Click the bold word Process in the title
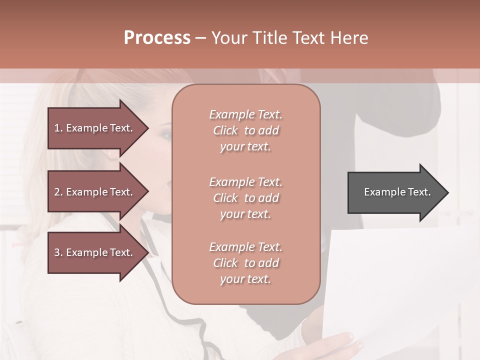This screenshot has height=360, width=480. coord(157,38)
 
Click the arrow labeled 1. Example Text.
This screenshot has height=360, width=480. coord(95,128)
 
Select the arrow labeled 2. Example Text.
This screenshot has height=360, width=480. coord(95,192)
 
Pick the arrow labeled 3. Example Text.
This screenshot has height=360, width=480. coord(95,252)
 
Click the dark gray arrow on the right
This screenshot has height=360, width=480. coord(395,192)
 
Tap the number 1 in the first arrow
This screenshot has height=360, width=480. coord(57,128)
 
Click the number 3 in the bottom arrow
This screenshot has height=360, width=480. coord(57,252)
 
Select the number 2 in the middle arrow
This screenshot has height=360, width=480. coord(57,192)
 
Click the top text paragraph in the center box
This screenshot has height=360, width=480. coord(245,130)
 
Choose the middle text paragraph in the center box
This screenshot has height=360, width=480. coord(245,198)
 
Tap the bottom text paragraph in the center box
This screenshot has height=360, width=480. coord(245,263)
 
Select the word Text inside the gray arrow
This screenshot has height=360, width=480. coord(419,192)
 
